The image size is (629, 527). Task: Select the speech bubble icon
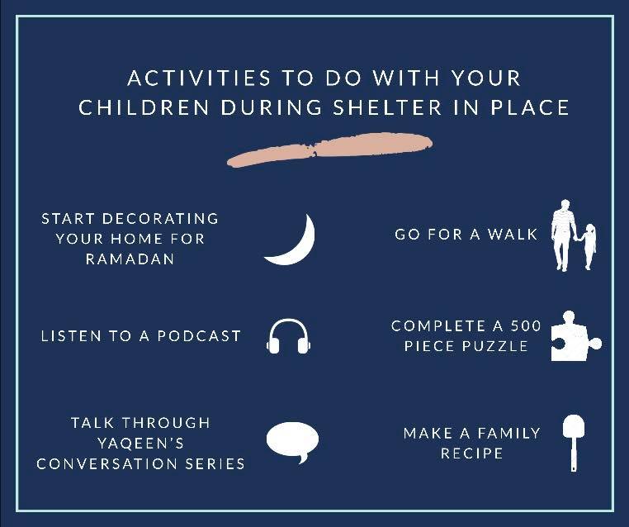(292, 440)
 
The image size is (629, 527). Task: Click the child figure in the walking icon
(589, 245)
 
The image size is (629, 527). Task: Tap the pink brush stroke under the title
(329, 150)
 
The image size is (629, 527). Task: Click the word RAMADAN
(130, 259)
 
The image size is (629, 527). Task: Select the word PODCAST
(199, 336)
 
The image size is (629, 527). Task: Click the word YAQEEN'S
(141, 444)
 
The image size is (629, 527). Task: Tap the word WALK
(513, 235)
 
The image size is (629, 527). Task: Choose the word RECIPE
(472, 453)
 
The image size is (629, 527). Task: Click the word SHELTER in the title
(387, 107)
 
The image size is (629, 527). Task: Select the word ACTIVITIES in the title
(199, 78)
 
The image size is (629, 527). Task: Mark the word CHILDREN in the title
(144, 107)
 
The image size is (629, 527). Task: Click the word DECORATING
(160, 219)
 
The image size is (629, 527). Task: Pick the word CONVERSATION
(106, 464)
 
